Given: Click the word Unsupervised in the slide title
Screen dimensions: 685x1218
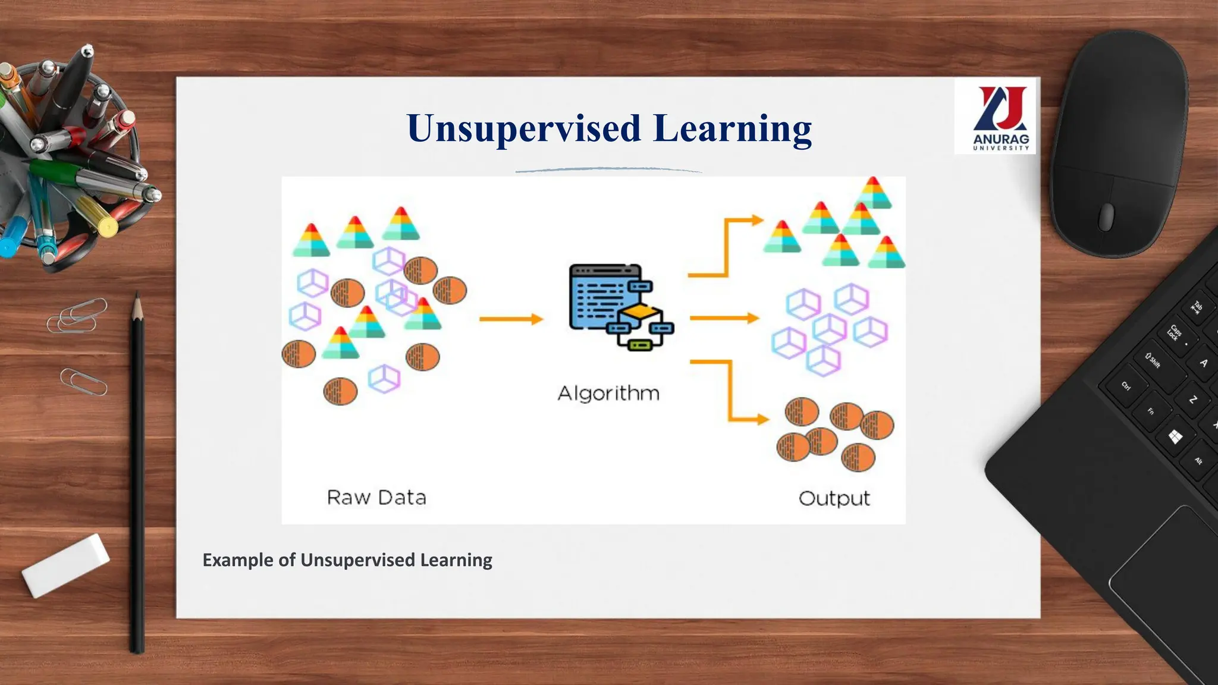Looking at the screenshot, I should point(523,128).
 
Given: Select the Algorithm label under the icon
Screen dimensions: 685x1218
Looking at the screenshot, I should point(608,393).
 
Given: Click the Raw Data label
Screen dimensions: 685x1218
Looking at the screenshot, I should point(376,497).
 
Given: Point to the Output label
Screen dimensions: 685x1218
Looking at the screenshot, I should point(834,498).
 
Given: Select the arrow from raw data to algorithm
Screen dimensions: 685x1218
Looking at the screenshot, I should point(510,319).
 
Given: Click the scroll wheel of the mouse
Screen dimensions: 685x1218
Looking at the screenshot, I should point(1106,216).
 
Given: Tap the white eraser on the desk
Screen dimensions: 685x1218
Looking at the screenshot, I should point(65,565).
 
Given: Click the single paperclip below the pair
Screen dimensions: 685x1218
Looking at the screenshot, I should point(83,381).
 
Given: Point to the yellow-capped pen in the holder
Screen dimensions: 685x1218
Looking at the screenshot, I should point(99,217).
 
